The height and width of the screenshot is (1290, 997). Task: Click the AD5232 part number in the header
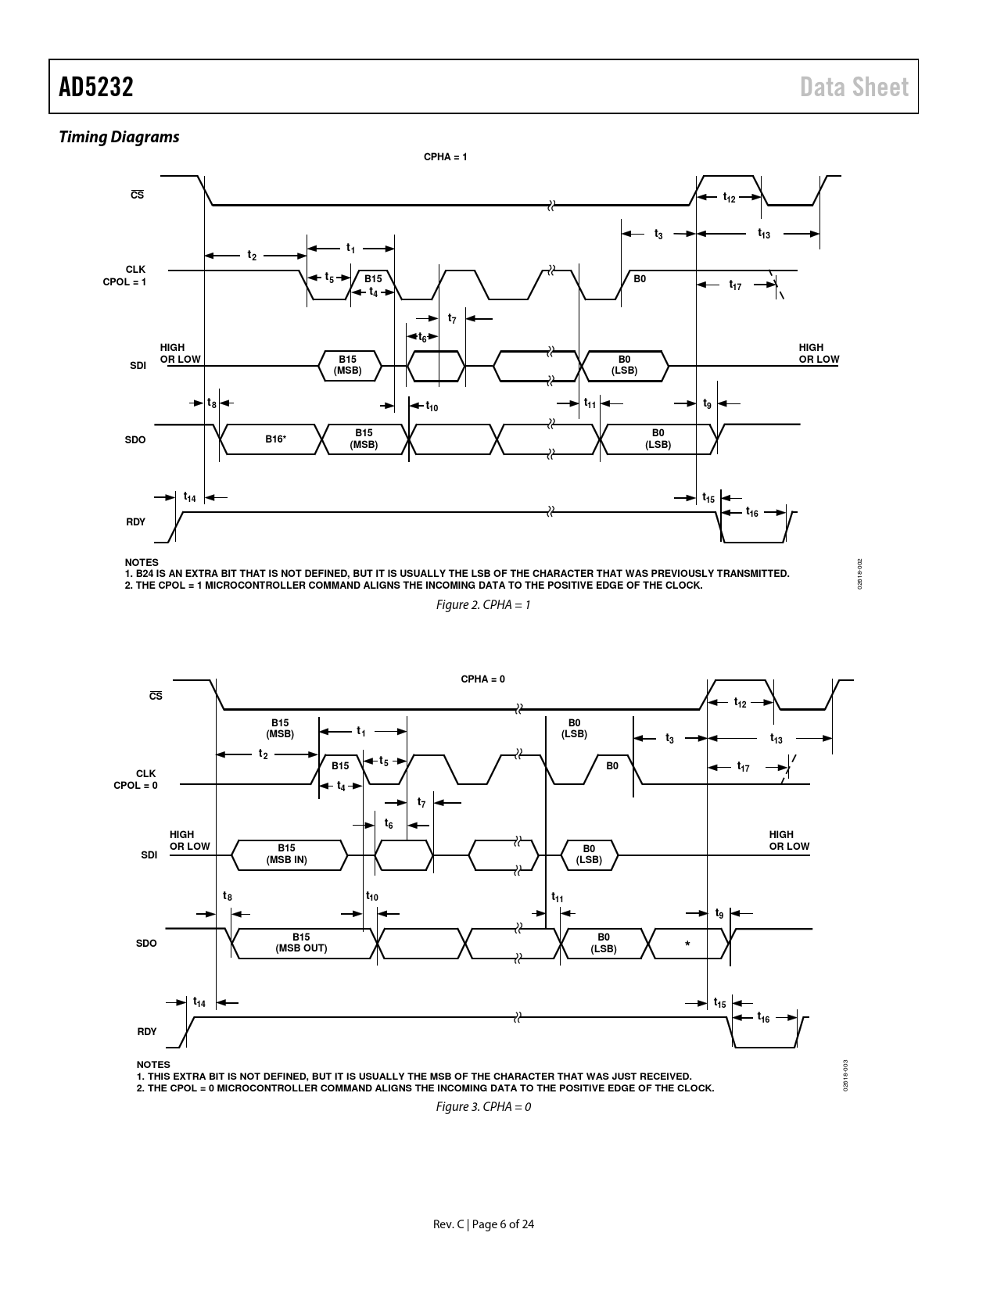click(x=96, y=87)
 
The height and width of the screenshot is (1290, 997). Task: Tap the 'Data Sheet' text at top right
click(x=854, y=87)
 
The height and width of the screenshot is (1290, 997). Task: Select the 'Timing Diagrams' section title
click(x=119, y=137)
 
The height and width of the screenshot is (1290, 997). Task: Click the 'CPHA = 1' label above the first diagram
click(x=446, y=156)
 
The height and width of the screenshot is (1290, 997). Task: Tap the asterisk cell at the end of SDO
click(x=687, y=944)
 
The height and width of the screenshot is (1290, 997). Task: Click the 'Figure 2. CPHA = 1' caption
click(x=483, y=604)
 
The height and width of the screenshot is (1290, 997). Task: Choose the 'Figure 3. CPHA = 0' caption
click(x=483, y=1106)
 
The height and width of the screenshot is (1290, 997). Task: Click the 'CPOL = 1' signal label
click(x=124, y=282)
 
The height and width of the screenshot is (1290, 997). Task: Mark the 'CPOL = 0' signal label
click(x=136, y=786)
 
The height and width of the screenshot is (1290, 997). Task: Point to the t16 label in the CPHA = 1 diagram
click(x=751, y=512)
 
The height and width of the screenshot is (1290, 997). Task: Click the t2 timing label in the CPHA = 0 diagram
click(x=263, y=754)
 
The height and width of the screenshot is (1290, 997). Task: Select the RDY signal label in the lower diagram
click(x=147, y=1032)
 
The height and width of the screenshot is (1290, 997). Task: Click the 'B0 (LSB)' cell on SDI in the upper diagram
click(x=625, y=366)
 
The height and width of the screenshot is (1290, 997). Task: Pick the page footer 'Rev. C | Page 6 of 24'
click(x=483, y=1224)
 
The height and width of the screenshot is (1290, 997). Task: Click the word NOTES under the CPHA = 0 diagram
click(x=153, y=1064)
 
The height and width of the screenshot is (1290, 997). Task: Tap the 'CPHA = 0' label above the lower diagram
click(x=482, y=679)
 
